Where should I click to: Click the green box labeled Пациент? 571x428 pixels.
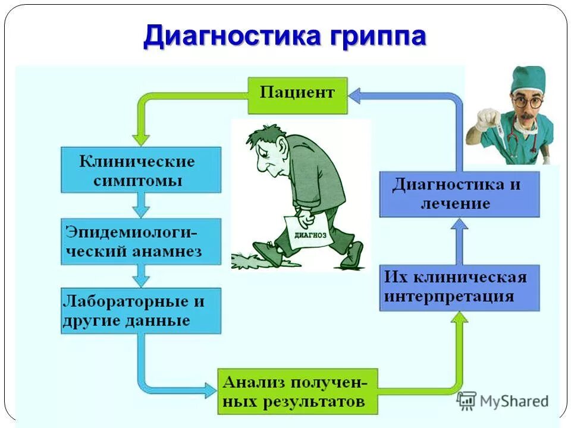297,94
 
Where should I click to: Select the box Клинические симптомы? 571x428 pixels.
141,169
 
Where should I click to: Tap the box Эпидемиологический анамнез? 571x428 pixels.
141,241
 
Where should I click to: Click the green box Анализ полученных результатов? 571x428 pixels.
297,391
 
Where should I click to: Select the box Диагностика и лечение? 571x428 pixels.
459,194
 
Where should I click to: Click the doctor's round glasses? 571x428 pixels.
528,102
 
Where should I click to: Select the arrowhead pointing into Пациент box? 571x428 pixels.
355,94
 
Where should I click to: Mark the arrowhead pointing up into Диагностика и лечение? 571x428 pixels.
459,224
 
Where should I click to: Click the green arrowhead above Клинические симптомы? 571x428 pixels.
141,138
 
